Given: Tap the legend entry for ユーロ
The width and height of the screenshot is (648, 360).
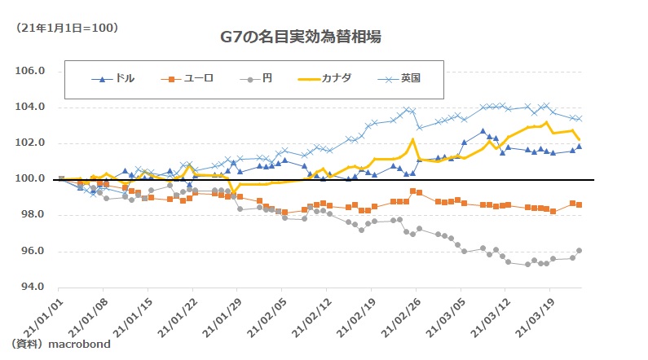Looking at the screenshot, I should [193, 79].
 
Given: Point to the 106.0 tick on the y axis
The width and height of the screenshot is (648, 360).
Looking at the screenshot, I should [29, 71].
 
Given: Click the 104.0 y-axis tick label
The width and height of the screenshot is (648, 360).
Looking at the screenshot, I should [29, 108].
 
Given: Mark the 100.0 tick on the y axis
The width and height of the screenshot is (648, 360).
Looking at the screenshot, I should [29, 179].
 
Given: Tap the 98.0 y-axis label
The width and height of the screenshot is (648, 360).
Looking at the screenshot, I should [29, 215].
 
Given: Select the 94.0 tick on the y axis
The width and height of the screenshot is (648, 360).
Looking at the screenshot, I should [29, 288].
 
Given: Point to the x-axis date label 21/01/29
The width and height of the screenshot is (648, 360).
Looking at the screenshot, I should [215, 314].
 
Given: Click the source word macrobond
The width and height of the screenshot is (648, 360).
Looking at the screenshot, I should [79, 345].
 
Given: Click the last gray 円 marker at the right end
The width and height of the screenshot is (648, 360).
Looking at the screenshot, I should [580, 251].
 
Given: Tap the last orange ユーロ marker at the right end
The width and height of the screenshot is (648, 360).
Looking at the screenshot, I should [580, 205].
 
